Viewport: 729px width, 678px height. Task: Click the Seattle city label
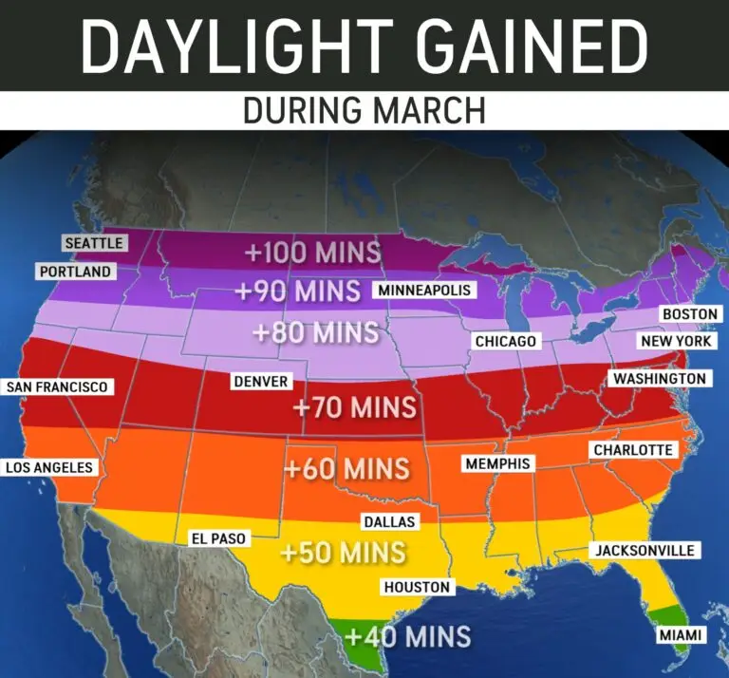coord(93,243)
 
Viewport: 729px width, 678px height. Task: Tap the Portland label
coord(75,272)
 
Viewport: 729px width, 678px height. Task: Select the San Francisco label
coord(57,386)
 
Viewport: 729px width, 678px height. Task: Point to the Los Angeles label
coord(49,467)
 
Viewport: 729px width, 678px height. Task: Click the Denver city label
coord(260,382)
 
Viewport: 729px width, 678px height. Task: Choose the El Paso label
coord(218,538)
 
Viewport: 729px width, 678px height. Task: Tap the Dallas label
coord(389,521)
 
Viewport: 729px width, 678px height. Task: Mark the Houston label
coord(417,587)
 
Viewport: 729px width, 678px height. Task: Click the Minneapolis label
coord(424,290)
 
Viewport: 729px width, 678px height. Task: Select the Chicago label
coord(506,341)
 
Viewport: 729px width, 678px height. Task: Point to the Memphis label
coord(498,463)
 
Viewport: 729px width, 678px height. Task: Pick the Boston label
coord(690,314)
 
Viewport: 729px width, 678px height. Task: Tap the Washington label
coord(660,379)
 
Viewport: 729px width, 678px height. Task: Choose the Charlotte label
coord(633,449)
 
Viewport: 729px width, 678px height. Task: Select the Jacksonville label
coord(645,550)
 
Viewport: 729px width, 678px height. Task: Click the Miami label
coord(681,635)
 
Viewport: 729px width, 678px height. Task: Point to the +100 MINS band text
coord(312,254)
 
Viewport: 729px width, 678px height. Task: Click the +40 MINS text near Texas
coord(408,635)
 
